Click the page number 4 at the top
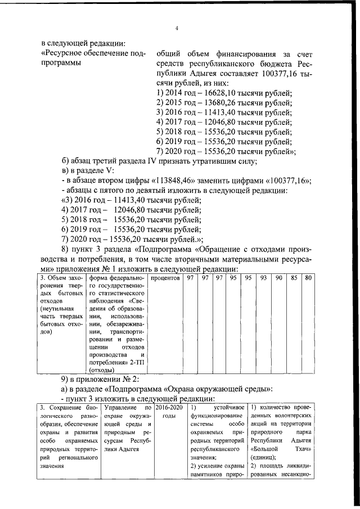pyautogui.click(x=176, y=29)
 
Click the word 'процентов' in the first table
pyautogui.click(x=165, y=278)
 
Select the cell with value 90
pyautogui.click(x=278, y=278)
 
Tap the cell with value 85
pyautogui.click(x=294, y=278)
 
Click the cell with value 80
pyautogui.click(x=308, y=278)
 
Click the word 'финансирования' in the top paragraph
pyautogui.click(x=242, y=55)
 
